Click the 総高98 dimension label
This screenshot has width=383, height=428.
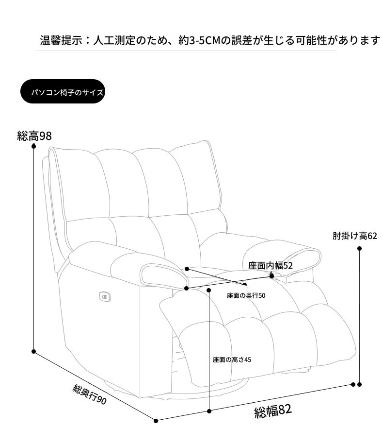tap(34, 136)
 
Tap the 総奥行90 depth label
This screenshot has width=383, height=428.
tap(89, 394)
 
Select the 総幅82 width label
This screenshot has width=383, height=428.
tap(273, 411)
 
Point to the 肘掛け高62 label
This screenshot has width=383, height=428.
tap(355, 236)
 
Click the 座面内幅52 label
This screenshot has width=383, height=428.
tap(270, 266)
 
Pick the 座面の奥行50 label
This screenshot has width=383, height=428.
tap(246, 295)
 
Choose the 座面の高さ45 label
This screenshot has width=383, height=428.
tap(232, 360)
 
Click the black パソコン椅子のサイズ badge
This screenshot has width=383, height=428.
tap(63, 91)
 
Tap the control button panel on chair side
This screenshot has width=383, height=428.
tap(105, 296)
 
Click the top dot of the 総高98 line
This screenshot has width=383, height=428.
tap(34, 146)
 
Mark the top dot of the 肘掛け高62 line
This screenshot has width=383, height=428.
tap(359, 248)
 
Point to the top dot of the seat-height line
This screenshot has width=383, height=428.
tap(209, 290)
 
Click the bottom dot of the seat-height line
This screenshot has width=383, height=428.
tap(209, 411)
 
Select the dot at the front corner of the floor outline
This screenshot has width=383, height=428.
tap(156, 421)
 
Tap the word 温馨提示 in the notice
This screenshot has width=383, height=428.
tap(61, 40)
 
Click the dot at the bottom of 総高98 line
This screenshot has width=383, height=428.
tap(34, 352)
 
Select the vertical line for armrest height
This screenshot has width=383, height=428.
tap(359, 316)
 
